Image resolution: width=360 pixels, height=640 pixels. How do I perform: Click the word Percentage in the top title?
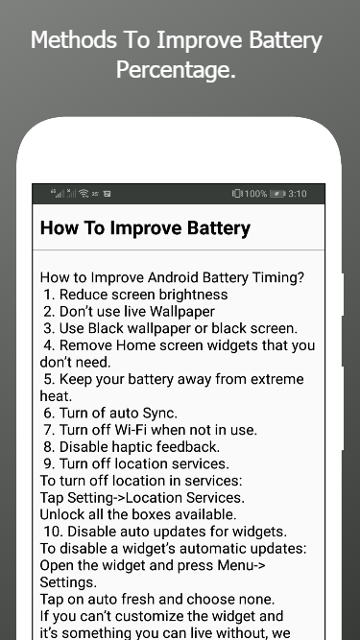coord(176,70)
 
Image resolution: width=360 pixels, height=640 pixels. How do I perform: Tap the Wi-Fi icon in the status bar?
coord(84,193)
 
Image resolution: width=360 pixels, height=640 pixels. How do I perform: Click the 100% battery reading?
coord(255,194)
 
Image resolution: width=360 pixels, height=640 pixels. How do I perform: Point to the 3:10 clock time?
coord(298,194)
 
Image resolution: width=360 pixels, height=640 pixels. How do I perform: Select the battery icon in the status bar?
coord(277,194)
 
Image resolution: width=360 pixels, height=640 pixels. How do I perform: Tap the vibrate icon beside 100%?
coord(237,194)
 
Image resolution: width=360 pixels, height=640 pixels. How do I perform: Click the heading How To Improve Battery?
coord(145,228)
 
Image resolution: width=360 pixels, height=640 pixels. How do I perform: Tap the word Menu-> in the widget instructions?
coord(242,565)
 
